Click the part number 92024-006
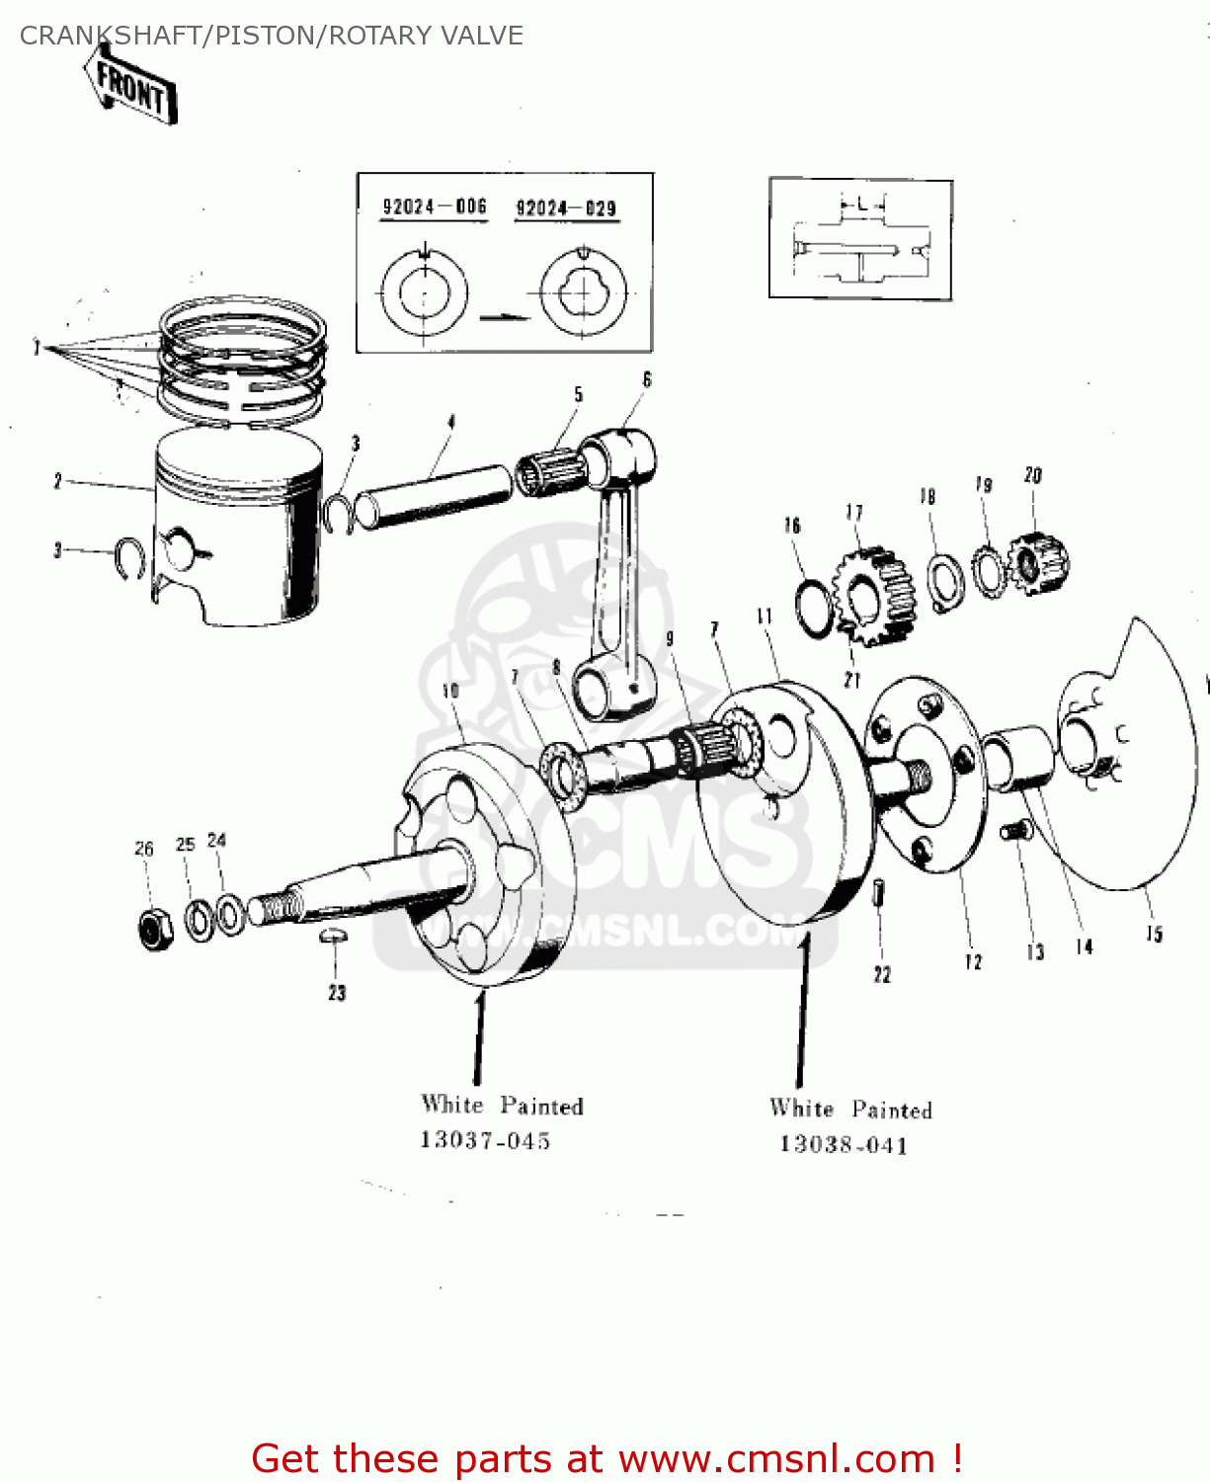pos(435,206)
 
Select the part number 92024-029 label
pos(566,207)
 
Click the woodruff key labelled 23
pos(334,935)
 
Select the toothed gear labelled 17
pos(874,596)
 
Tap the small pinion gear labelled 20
pos(1039,563)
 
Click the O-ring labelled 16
pos(815,610)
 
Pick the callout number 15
pos(1154,934)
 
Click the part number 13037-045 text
pos(485,1140)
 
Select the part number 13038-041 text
pos(843,1144)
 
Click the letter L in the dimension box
pos(861,205)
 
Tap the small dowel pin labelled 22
pos(879,892)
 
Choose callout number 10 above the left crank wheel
pos(450,691)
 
